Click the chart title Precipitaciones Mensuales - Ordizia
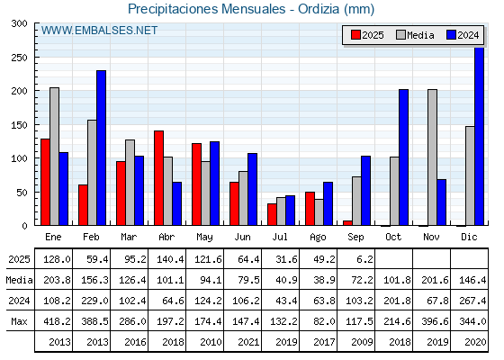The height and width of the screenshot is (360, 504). [x=233, y=9]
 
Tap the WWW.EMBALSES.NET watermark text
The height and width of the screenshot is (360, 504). [x=99, y=31]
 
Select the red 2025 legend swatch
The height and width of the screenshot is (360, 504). [x=355, y=35]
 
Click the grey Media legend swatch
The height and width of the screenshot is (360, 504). [x=400, y=35]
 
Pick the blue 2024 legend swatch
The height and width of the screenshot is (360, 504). [x=451, y=35]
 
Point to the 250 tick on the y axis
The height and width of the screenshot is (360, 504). [x=19, y=58]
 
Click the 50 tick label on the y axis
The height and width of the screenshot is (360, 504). [x=22, y=193]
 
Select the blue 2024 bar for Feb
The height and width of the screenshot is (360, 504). [x=101, y=148]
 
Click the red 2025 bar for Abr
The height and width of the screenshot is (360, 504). [x=158, y=178]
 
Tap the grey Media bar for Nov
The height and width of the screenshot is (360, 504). [x=432, y=157]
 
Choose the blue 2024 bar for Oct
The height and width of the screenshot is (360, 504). [x=404, y=157]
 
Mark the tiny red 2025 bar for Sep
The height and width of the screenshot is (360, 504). [x=347, y=223]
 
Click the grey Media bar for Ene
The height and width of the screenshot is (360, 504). [x=54, y=157]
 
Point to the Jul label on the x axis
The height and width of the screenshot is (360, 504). [x=280, y=238]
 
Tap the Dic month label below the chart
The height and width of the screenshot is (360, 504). [x=469, y=238]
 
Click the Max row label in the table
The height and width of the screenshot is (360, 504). [x=19, y=321]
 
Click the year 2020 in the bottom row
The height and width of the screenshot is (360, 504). [x=475, y=342]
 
